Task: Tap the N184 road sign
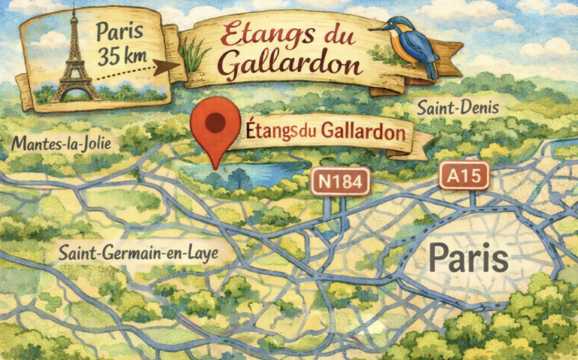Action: (x=341, y=181)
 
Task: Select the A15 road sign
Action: (x=464, y=175)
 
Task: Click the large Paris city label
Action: (x=468, y=258)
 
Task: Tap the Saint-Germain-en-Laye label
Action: (x=138, y=252)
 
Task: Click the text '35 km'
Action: (x=126, y=56)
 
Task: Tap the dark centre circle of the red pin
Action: (x=215, y=121)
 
